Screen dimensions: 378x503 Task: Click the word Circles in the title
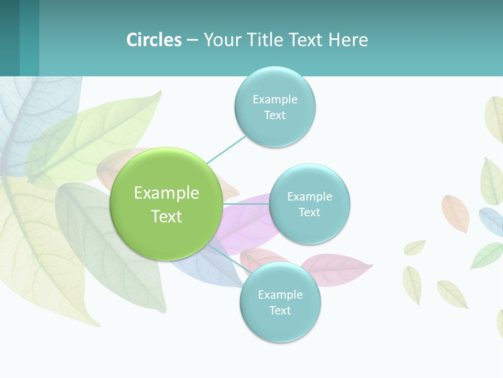(154, 40)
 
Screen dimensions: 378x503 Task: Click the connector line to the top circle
(226, 149)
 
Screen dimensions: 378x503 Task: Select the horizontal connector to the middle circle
(246, 203)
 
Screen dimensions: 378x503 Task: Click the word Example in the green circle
(166, 193)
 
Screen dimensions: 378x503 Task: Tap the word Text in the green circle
(166, 216)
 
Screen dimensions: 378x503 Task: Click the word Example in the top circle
(275, 99)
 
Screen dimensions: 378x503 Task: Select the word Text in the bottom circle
(280, 310)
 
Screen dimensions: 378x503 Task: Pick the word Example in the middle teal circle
(309, 197)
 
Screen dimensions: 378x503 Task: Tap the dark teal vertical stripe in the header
(9, 38)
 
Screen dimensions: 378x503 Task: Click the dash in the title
(192, 40)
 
